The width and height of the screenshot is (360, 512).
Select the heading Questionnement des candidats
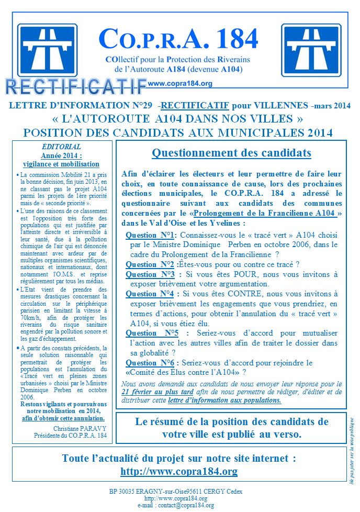(231, 153)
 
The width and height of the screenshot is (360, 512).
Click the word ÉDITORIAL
(62, 147)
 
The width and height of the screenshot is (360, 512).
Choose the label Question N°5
(152, 333)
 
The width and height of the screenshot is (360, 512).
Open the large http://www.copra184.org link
(179, 471)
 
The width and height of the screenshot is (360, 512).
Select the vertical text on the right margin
(352, 447)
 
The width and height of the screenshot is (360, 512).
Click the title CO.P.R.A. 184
(178, 39)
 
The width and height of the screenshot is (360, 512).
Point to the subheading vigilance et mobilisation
(62, 163)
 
